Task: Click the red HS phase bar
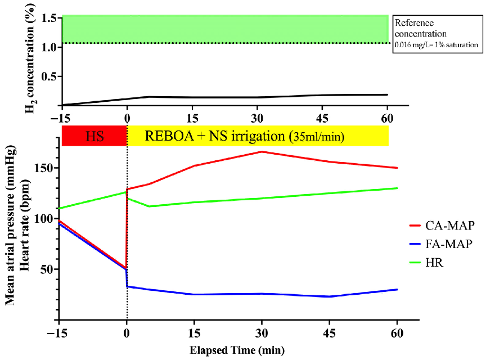[94, 136]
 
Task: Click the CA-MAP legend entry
[450, 226]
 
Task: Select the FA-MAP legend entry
[450, 244]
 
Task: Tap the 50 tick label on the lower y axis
[47, 269]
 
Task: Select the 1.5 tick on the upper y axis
[47, 18]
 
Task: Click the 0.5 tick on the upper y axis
[47, 76]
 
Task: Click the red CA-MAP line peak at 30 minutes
[262, 151]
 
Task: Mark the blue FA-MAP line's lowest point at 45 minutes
[329, 296]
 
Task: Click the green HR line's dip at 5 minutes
[149, 206]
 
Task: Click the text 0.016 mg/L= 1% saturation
[436, 44]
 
